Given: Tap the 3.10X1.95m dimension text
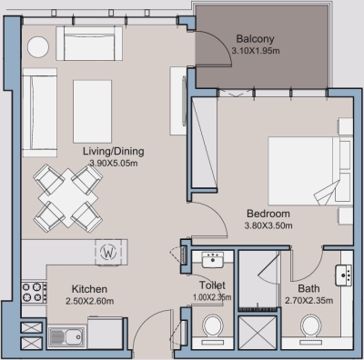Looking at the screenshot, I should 256,52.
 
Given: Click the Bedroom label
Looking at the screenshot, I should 268,213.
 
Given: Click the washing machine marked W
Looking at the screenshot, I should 109,251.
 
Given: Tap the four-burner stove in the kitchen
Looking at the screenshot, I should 34,292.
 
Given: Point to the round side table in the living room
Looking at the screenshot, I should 39,45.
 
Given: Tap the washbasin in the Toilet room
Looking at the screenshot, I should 213,261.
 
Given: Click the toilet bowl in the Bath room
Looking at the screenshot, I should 311,325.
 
